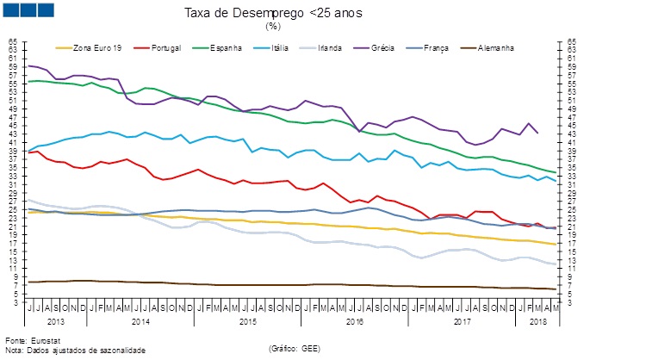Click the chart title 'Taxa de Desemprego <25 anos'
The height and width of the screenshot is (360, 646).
pyautogui.click(x=272, y=13)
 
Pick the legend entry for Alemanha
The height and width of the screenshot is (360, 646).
pyautogui.click(x=494, y=47)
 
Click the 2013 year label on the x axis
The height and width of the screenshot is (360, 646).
pyautogui.click(x=54, y=320)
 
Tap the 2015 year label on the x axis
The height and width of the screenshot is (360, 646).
pyautogui.click(x=248, y=320)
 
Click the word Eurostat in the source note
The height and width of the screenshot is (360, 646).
pyautogui.click(x=42, y=340)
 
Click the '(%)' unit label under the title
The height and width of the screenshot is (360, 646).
pyautogui.click(x=272, y=26)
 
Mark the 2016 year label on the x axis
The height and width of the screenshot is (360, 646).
pyautogui.click(x=354, y=320)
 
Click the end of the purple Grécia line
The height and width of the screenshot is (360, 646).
pyautogui.click(x=538, y=133)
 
